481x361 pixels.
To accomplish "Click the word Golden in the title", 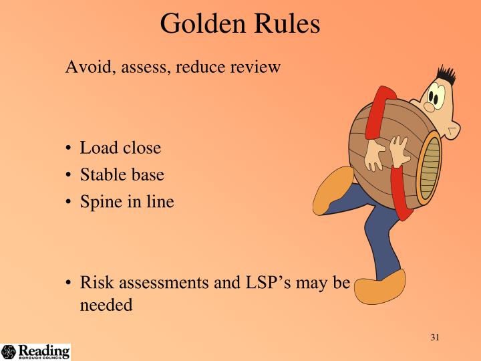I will [x=202, y=24].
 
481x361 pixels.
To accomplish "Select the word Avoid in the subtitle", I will [x=83, y=68].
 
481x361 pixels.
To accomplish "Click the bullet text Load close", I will [x=120, y=148].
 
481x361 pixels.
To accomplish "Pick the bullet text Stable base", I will [x=122, y=174].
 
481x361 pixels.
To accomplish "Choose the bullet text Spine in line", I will [x=127, y=201].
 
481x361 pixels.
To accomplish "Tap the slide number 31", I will [x=434, y=337].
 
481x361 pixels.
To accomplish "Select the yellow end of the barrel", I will [x=429, y=166].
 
